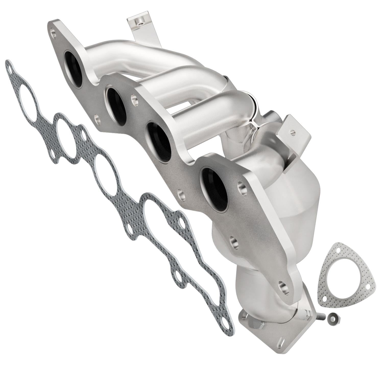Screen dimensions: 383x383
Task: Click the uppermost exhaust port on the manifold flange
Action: point(74,69)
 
